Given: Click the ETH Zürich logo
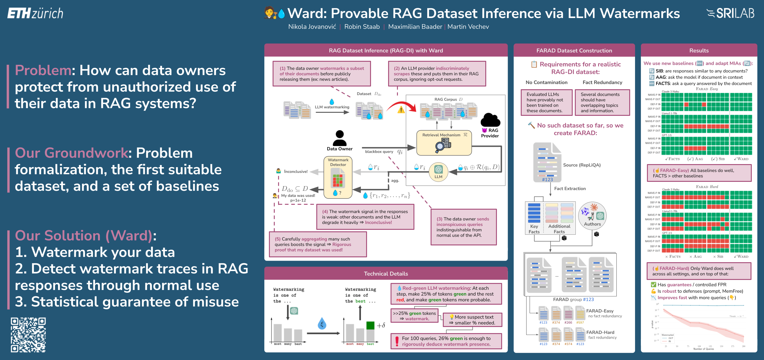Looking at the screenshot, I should pyautogui.click(x=35, y=13).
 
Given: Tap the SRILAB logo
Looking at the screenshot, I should pyautogui.click(x=730, y=13).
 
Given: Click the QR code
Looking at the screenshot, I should pyautogui.click(x=28, y=335).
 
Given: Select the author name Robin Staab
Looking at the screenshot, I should pyautogui.click(x=362, y=27).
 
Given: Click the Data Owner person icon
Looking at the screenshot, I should pyautogui.click(x=340, y=138).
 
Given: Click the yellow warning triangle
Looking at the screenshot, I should pyautogui.click(x=401, y=109).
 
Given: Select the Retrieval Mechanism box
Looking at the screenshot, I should pyautogui.click(x=444, y=143).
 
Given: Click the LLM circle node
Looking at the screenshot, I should pyautogui.click(x=438, y=172).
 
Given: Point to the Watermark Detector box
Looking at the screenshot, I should pyautogui.click(x=338, y=177).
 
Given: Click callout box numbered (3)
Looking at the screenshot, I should pyautogui.click(x=463, y=227).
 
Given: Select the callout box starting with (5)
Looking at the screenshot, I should pyautogui.click(x=318, y=244).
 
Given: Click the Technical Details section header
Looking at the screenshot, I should pyautogui.click(x=386, y=274).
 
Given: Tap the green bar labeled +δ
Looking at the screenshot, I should pyautogui.click(x=370, y=325).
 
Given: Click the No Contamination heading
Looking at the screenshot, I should pyautogui.click(x=546, y=82).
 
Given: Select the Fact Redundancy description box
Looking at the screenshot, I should pyautogui.click(x=602, y=102).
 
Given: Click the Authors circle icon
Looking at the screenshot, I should pyautogui.click(x=592, y=216).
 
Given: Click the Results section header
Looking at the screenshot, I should pyautogui.click(x=699, y=50).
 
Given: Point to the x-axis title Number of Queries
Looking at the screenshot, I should pyautogui.click(x=703, y=349).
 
